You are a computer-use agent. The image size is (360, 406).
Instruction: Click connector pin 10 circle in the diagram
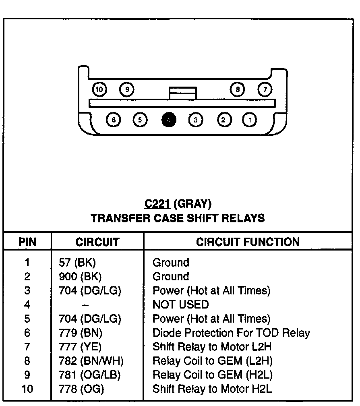[99, 89]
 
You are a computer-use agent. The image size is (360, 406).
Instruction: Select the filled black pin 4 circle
[169, 120]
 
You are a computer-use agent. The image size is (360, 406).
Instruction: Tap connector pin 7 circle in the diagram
[265, 89]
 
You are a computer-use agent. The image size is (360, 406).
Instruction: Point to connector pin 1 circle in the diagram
[250, 120]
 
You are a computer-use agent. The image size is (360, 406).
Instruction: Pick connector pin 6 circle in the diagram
[114, 120]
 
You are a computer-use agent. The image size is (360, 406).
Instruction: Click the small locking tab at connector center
[183, 93]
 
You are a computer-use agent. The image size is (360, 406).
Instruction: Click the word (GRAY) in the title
[194, 204]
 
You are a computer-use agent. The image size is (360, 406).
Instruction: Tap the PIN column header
[27, 242]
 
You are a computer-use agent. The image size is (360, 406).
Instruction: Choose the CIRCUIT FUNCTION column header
[248, 242]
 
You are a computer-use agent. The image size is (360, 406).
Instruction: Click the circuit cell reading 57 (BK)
[77, 263]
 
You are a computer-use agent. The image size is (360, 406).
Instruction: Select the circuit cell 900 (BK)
[80, 277]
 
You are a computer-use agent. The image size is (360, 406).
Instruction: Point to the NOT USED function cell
[180, 304]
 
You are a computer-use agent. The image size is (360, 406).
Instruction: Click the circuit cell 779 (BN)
[81, 333]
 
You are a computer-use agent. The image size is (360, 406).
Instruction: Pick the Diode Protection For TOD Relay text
[231, 333]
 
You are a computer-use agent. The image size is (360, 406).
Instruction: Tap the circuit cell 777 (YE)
[80, 347]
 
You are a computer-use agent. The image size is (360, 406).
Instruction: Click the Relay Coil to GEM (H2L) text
[212, 375]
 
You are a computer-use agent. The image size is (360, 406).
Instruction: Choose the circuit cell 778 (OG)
[81, 389]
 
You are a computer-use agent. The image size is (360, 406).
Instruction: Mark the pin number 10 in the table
[27, 389]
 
